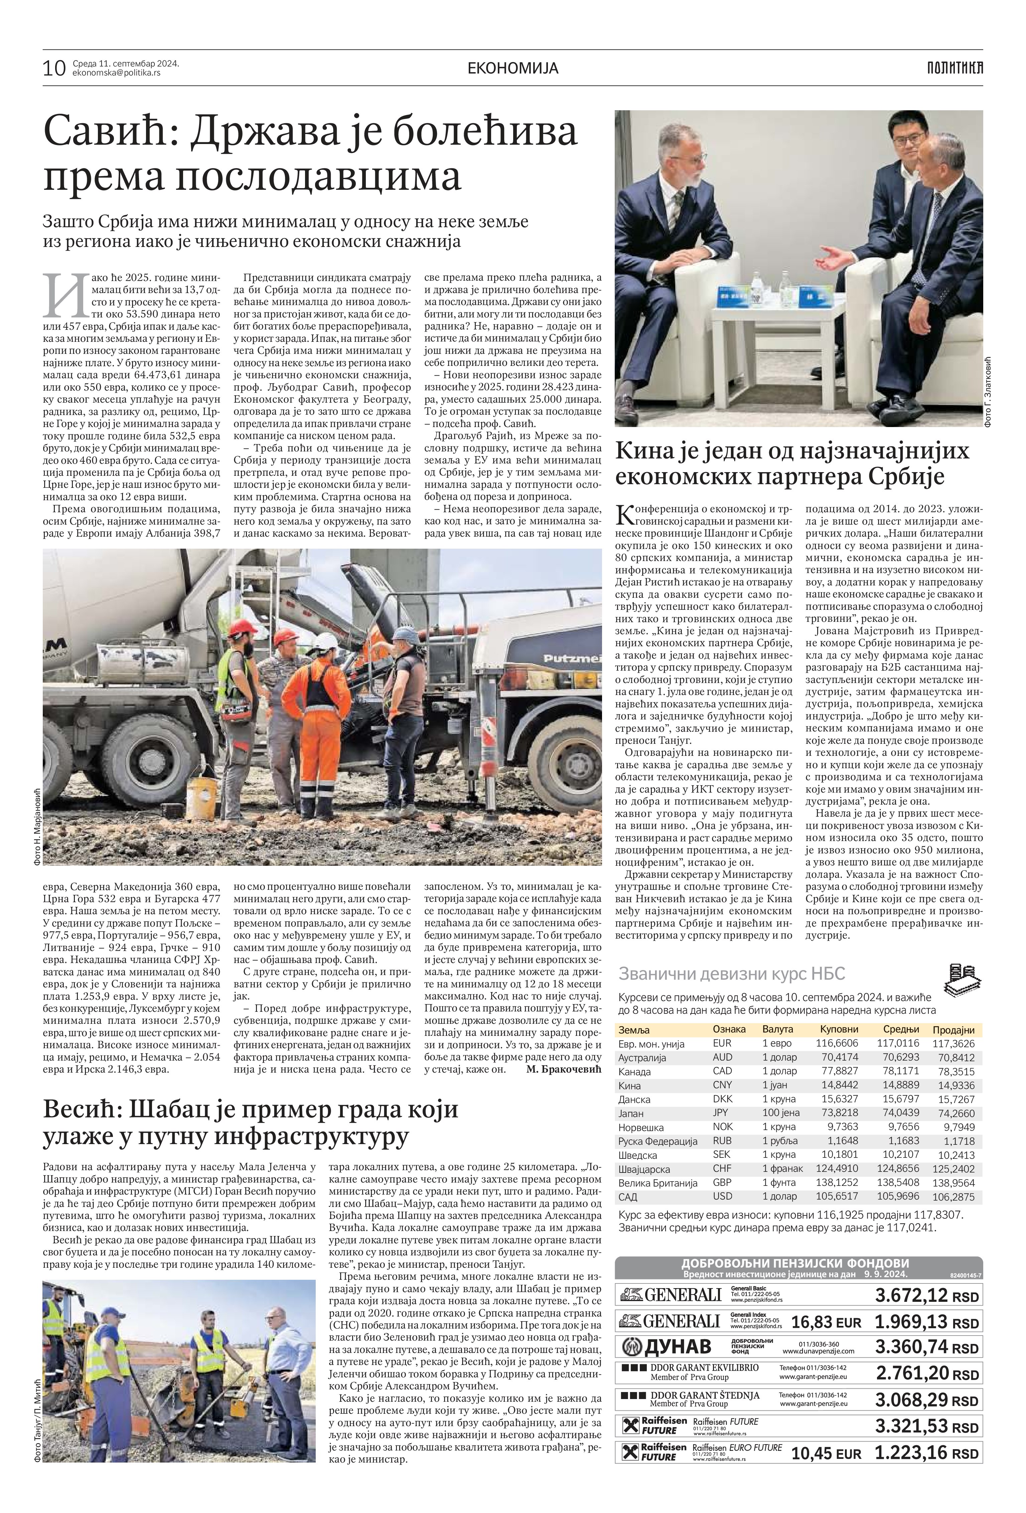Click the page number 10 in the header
(54, 68)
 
